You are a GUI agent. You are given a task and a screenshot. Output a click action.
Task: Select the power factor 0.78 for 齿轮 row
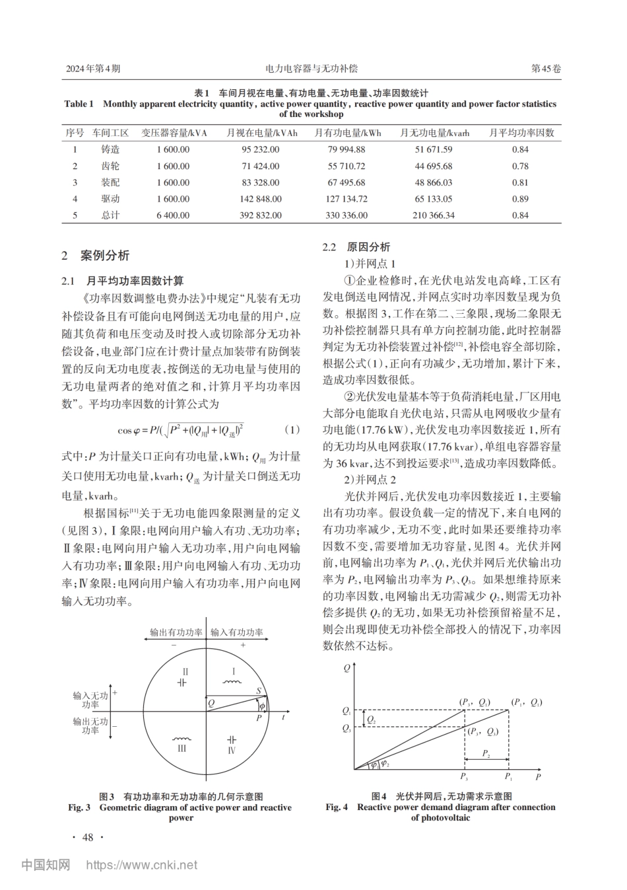point(520,167)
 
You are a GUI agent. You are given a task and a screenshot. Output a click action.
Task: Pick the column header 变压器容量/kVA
point(174,133)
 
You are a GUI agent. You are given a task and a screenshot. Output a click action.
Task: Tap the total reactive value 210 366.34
point(426,215)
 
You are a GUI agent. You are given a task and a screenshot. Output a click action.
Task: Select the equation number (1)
point(292,430)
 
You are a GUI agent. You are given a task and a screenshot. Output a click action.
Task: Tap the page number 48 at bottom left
point(87,838)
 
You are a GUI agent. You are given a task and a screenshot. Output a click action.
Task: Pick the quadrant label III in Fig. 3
point(182,749)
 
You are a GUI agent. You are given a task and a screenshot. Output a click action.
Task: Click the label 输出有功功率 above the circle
point(176,632)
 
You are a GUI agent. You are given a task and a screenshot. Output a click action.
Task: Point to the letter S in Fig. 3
point(259,691)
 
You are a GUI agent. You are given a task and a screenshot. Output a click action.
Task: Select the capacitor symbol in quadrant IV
point(231,739)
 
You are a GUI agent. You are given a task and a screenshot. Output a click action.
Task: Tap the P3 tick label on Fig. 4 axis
point(464,777)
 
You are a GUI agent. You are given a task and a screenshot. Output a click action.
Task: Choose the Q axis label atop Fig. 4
point(347,668)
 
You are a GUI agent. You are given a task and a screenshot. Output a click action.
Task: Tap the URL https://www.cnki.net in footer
point(142,864)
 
